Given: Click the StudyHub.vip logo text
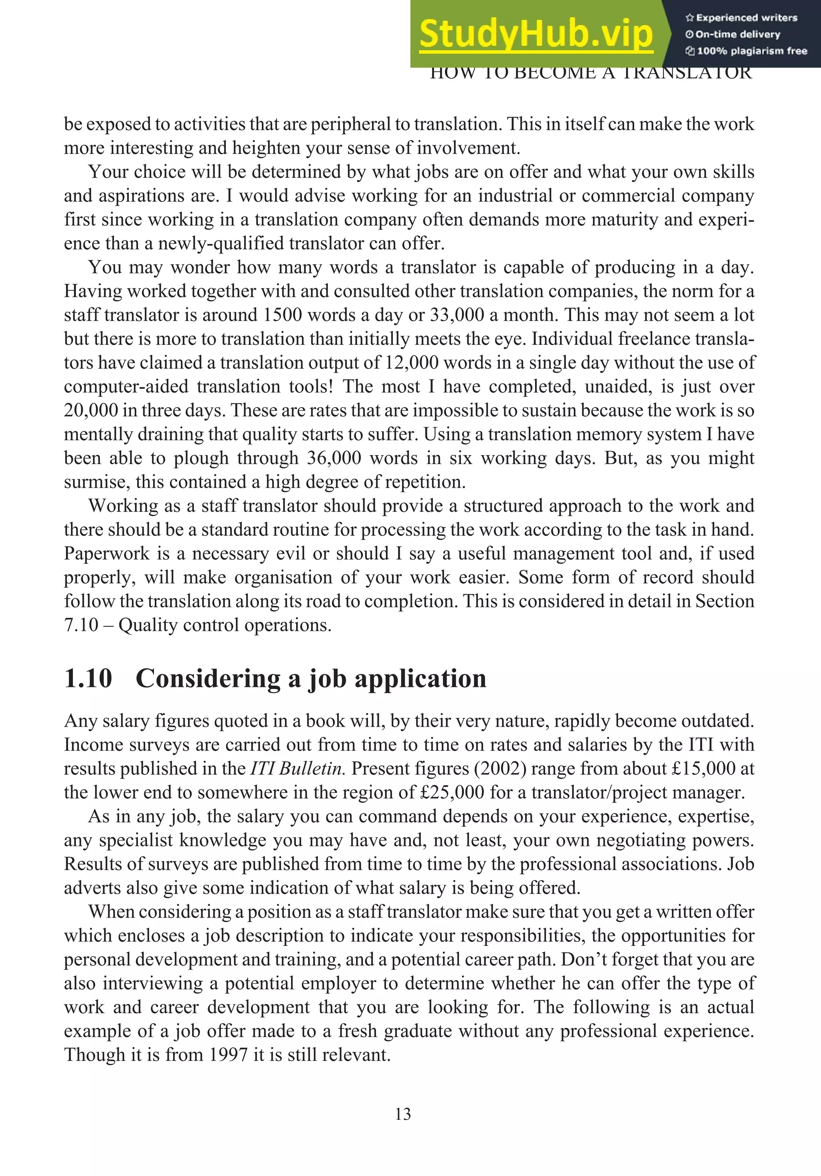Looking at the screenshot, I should (x=536, y=35).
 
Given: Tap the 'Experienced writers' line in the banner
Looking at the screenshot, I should (x=741, y=18).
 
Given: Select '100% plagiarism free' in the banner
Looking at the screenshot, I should (x=747, y=51).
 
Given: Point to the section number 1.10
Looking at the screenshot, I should (x=88, y=679).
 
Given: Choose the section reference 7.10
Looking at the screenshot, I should (x=81, y=625).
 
